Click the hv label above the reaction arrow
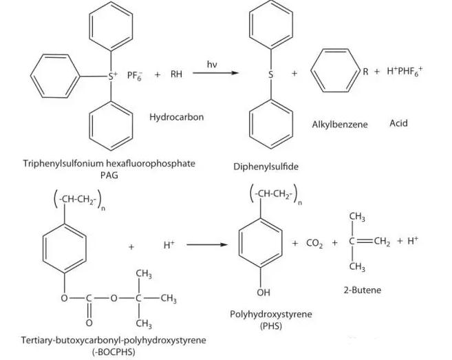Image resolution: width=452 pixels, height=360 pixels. point(213,64)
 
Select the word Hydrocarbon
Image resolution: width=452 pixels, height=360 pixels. point(176,117)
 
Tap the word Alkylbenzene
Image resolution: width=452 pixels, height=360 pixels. point(340,125)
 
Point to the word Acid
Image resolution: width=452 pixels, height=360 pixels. point(398,123)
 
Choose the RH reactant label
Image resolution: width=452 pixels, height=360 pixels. point(177,74)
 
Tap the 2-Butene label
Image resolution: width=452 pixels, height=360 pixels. point(363,290)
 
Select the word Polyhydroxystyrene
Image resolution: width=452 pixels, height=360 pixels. point(270,314)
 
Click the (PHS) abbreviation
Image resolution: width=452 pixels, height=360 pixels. point(271,326)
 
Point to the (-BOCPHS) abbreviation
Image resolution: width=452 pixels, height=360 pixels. point(113,352)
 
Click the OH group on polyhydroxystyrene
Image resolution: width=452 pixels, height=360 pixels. point(263,293)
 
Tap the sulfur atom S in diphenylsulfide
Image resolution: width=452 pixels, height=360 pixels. point(270,73)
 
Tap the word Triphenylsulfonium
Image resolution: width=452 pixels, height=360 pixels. point(58,163)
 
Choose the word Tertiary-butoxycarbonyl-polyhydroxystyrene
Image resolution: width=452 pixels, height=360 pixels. point(113,340)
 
